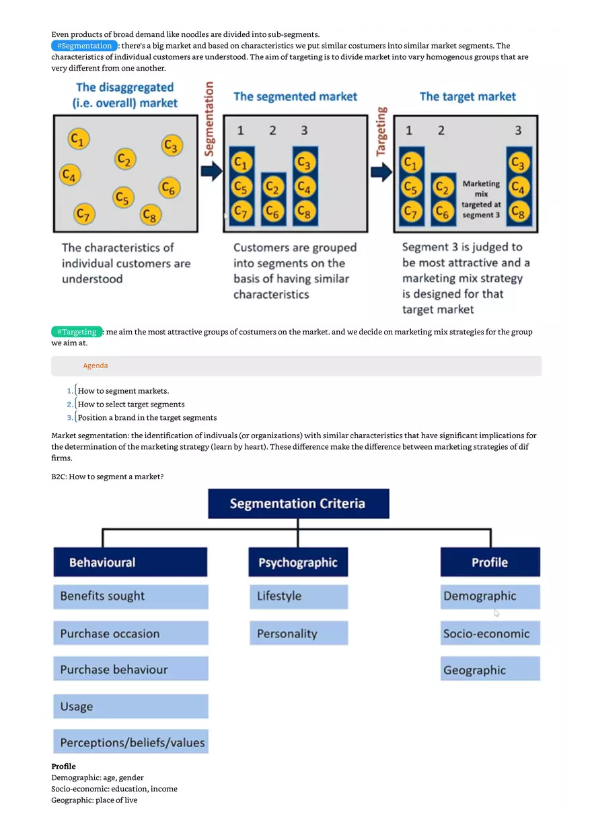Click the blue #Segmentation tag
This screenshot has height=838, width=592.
click(x=84, y=46)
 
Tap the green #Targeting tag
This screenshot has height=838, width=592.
click(x=77, y=332)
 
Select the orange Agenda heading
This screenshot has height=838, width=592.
click(x=96, y=365)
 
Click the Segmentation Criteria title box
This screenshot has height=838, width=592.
click(x=298, y=503)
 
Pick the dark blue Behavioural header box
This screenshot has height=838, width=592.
click(x=130, y=562)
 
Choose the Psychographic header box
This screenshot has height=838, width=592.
click(x=298, y=562)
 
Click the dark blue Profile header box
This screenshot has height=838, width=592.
click(x=490, y=562)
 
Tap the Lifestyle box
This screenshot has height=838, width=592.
click(x=299, y=596)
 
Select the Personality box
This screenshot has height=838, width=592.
click(x=299, y=633)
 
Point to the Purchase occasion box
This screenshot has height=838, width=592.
click(x=131, y=633)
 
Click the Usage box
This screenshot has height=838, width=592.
click(x=131, y=707)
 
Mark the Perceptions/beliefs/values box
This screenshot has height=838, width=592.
click(x=131, y=742)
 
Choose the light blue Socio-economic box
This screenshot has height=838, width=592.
click(x=490, y=633)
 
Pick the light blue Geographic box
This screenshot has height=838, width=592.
click(x=490, y=670)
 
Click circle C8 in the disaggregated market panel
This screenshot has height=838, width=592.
click(x=150, y=215)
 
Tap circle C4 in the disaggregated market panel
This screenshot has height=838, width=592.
click(x=70, y=175)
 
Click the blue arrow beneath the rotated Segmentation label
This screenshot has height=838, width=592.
click(x=211, y=172)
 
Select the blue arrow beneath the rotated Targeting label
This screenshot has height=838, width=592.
click(x=381, y=172)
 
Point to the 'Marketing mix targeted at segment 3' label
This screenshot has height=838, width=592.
click(x=481, y=199)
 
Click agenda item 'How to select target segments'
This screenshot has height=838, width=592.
click(x=131, y=405)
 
